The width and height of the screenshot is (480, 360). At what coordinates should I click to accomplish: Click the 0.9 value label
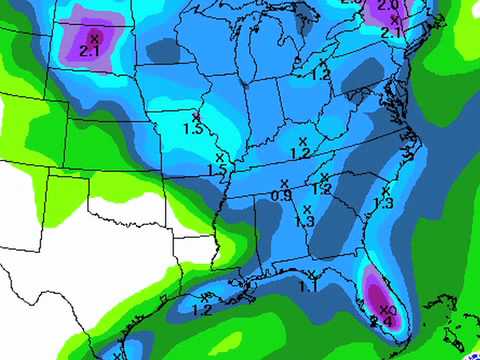[x=282, y=196]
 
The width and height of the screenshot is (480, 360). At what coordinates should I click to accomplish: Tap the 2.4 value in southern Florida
[x=381, y=322]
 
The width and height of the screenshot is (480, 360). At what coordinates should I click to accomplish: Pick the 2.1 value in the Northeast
[x=392, y=32]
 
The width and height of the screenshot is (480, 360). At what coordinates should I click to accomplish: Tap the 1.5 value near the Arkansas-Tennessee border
[x=216, y=171]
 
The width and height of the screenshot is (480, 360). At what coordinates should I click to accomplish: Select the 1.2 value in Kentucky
[x=300, y=153]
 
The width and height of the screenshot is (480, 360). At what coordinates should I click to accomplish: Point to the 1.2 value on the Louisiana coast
[x=202, y=310]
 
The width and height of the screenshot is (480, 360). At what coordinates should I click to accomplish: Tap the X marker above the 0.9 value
[x=284, y=183]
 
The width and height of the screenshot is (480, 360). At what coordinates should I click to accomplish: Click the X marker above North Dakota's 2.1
[x=93, y=38]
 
